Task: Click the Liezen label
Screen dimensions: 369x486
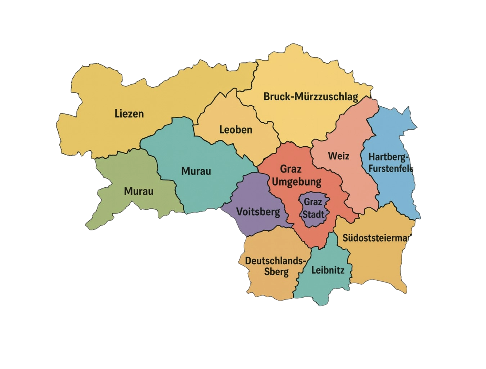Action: pyautogui.click(x=129, y=114)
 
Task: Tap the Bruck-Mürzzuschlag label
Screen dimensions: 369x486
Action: pyautogui.click(x=311, y=97)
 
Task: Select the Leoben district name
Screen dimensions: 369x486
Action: pyautogui.click(x=236, y=129)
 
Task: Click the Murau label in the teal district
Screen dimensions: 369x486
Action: pyautogui.click(x=196, y=171)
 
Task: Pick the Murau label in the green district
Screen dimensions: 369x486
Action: pyautogui.click(x=139, y=191)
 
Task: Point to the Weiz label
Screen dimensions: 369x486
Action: pyautogui.click(x=338, y=156)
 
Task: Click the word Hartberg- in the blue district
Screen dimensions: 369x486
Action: pyautogui.click(x=389, y=157)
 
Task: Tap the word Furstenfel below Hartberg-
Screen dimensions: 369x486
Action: pyautogui.click(x=391, y=168)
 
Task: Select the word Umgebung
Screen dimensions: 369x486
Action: pyautogui.click(x=296, y=182)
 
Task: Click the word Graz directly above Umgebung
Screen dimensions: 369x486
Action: pyautogui.click(x=291, y=169)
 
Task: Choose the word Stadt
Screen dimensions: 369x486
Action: pyautogui.click(x=313, y=214)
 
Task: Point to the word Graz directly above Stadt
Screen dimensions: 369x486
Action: pyautogui.click(x=313, y=202)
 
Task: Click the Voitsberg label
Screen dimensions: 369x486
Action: pyautogui.click(x=258, y=212)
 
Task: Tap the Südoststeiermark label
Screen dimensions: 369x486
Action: pyautogui.click(x=377, y=238)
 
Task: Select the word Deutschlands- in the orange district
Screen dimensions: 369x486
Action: pyautogui.click(x=276, y=261)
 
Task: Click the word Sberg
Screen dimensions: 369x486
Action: pyautogui.click(x=276, y=272)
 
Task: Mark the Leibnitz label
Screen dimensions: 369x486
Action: pyautogui.click(x=328, y=270)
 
